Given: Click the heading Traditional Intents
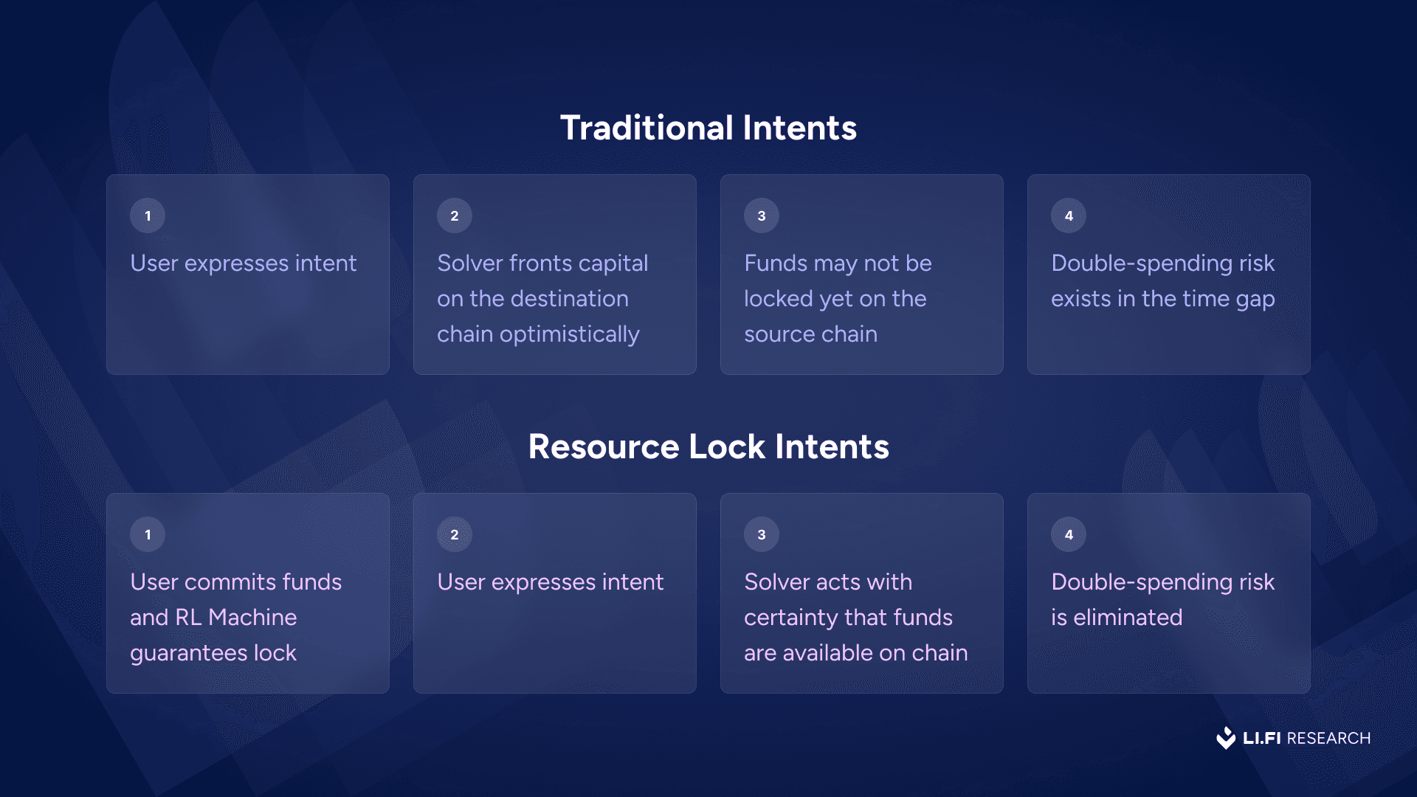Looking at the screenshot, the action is click(708, 128).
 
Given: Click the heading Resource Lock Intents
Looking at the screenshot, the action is click(708, 446).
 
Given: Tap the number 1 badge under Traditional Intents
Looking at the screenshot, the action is click(148, 215).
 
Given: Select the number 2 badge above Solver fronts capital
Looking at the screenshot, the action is click(455, 215).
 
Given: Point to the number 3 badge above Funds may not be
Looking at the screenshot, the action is click(762, 215).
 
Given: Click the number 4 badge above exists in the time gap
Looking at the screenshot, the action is click(1069, 215).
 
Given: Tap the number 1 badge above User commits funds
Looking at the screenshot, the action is click(148, 534).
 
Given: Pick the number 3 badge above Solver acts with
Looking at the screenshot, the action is click(762, 534).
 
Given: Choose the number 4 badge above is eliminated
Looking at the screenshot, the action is click(1069, 534).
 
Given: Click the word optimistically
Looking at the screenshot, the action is click(570, 335).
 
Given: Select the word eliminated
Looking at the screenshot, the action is click(1128, 617).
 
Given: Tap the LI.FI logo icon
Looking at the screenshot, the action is click(1226, 738).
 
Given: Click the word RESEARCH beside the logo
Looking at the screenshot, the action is click(1328, 738).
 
